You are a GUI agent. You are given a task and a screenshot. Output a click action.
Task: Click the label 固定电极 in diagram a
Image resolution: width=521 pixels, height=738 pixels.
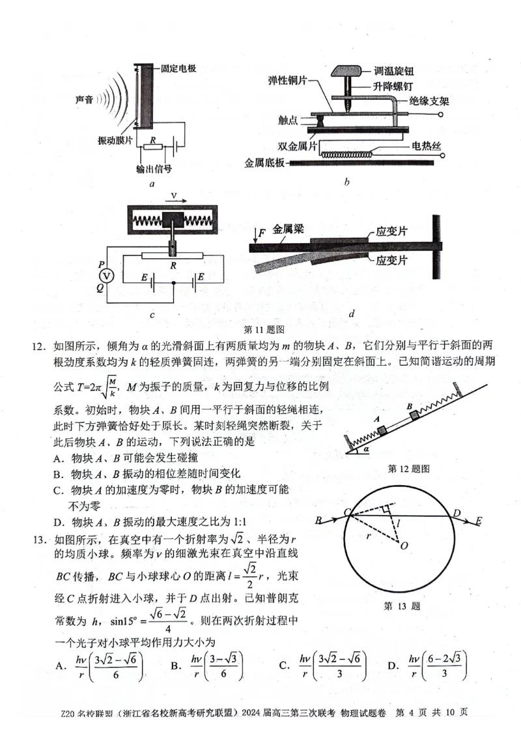coord(178,68)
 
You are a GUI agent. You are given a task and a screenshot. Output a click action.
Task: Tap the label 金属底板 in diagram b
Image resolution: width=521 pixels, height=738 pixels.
coord(264,163)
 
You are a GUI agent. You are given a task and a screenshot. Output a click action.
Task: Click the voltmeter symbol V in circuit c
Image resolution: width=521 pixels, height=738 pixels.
coord(109,276)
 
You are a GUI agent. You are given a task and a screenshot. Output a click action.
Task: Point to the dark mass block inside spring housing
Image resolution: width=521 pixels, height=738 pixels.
coord(174,221)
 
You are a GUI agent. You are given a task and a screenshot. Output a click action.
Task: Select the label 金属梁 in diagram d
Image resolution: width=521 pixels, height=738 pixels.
coord(288,229)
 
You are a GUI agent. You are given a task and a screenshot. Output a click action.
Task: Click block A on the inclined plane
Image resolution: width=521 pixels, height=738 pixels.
coord(382,429)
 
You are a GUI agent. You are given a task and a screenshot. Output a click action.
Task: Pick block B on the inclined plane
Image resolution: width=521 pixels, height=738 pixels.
coord(411,415)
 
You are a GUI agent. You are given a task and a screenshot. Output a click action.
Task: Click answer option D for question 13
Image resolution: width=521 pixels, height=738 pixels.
coord(393,665)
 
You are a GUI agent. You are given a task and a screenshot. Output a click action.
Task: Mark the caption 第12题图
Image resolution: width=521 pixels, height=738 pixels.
coord(408,469)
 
